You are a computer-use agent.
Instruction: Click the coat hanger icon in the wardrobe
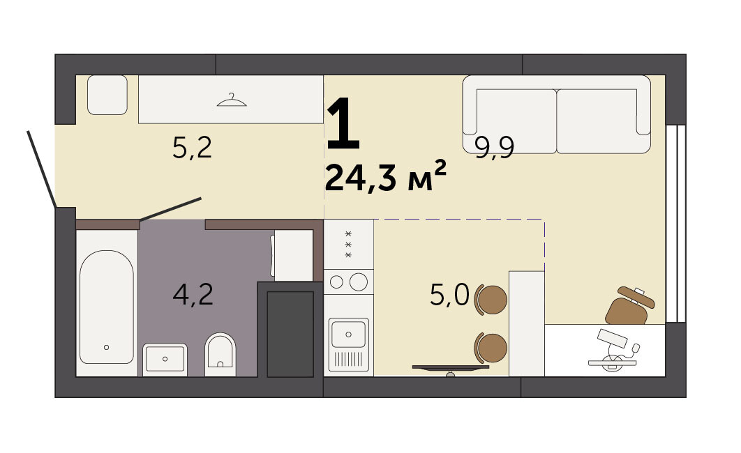[x=232, y=100]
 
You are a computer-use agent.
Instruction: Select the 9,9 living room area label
[x=494, y=148]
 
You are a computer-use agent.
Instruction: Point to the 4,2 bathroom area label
[x=193, y=294]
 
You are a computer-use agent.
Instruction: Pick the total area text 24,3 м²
[x=386, y=176]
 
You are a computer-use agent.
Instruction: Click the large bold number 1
[x=344, y=122]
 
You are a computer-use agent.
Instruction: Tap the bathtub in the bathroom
[x=106, y=307]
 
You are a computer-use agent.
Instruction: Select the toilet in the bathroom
[x=220, y=354]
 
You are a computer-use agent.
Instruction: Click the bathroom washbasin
[x=165, y=360]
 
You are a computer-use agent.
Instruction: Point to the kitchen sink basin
[x=348, y=334]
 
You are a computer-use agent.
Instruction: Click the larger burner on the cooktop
[x=358, y=282]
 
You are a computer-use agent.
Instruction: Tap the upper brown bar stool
[x=491, y=300]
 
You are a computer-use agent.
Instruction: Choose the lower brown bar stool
[x=491, y=347]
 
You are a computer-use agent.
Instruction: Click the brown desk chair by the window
[x=629, y=306]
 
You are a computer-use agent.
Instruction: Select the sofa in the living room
[x=557, y=114]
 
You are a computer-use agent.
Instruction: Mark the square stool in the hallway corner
[x=107, y=95]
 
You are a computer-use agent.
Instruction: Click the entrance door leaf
[x=42, y=169]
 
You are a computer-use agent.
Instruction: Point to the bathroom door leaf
[x=171, y=209]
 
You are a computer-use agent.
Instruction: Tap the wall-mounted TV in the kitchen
[x=450, y=367]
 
